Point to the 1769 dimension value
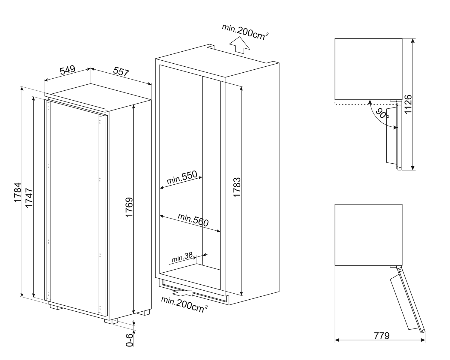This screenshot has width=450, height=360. tap(129, 207)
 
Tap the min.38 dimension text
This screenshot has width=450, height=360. tap(182, 257)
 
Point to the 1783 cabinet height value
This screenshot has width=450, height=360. tap(237, 188)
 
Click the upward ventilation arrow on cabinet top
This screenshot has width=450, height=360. tap(239, 45)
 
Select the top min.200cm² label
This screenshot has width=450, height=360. tap(245, 32)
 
